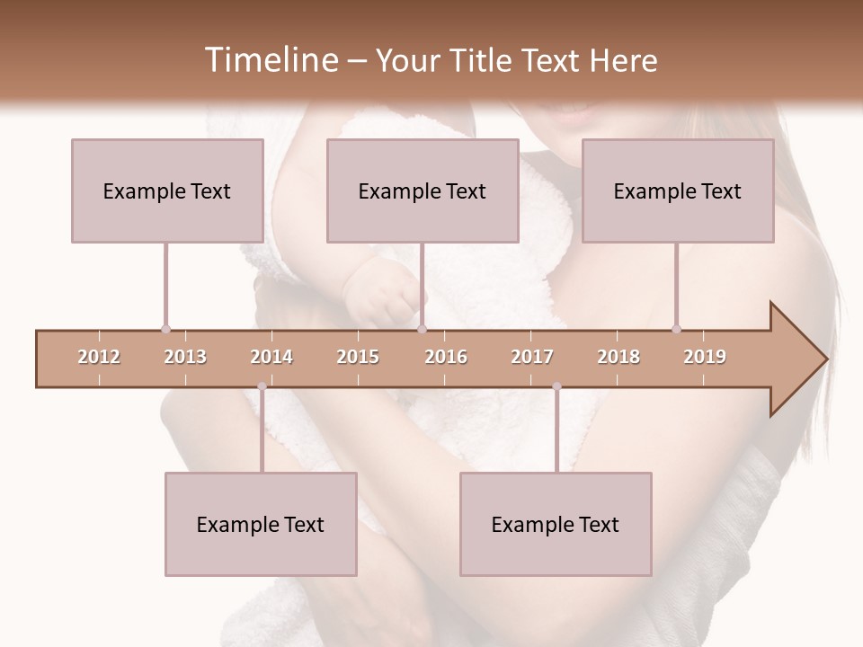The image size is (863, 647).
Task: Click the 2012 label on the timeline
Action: pos(99,357)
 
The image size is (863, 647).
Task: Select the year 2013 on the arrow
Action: pos(185,357)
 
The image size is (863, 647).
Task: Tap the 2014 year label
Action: pos(271,357)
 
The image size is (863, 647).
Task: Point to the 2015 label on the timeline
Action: pos(358,357)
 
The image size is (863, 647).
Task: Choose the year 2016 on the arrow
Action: pos(446,357)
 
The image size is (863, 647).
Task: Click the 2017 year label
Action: pos(532,357)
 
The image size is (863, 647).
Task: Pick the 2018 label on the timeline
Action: pos(618,357)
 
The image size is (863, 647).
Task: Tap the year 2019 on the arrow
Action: pos(705,357)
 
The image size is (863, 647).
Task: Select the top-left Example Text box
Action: pos(167,191)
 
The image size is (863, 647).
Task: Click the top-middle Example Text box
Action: pos(423,191)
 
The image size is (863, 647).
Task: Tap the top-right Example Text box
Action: pos(678,191)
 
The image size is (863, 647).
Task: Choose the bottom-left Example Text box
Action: pos(261,524)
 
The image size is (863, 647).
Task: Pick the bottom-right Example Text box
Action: pos(556,524)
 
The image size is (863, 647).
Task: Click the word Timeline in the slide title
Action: pos(270,60)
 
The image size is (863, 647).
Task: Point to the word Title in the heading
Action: pos(489,60)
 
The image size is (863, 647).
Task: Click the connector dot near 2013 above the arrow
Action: pos(165,329)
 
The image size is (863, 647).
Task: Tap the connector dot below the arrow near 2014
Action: pos(262,386)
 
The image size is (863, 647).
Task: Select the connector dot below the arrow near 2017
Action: pos(556,386)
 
